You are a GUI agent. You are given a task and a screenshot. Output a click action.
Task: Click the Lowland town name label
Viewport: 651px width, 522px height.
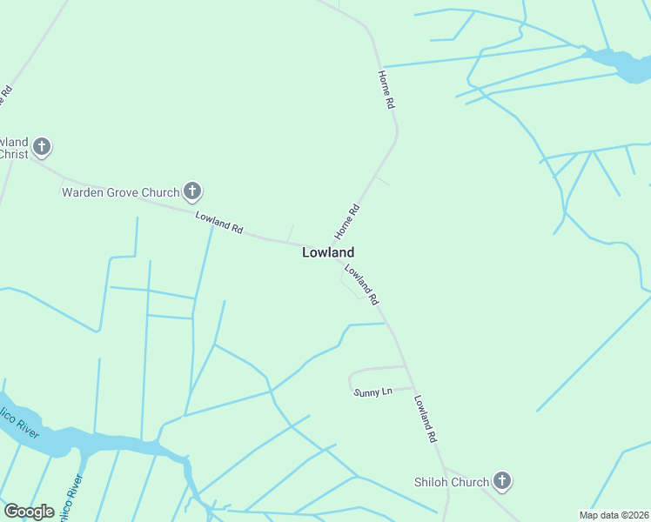click(x=327, y=252)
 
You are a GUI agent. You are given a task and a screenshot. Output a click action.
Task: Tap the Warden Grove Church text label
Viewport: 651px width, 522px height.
click(x=119, y=191)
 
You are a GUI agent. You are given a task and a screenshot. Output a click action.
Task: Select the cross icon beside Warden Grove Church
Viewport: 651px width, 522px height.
click(x=192, y=191)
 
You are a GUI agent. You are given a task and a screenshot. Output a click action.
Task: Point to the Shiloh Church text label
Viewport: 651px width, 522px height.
click(x=451, y=481)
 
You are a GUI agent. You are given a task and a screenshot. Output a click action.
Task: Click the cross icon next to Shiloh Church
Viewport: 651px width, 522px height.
click(x=501, y=480)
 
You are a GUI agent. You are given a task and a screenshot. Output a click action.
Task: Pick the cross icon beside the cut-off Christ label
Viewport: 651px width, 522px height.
click(x=42, y=147)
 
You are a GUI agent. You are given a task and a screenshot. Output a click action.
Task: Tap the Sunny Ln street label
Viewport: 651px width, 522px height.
click(x=373, y=392)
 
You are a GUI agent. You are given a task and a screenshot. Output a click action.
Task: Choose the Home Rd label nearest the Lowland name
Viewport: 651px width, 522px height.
click(x=346, y=222)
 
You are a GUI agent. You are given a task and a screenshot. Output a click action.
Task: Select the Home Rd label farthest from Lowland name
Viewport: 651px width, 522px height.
click(x=386, y=90)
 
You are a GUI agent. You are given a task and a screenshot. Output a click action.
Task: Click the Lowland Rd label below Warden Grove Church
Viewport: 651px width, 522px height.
click(x=218, y=223)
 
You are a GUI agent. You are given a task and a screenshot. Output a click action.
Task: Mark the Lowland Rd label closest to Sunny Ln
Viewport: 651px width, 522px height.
click(x=424, y=420)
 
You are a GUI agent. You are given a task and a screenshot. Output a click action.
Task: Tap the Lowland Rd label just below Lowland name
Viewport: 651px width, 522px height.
click(x=361, y=284)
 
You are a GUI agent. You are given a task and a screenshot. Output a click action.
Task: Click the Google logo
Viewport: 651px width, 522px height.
click(x=29, y=512)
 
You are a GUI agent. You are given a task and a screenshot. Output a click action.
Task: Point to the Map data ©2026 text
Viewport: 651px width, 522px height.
click(x=614, y=515)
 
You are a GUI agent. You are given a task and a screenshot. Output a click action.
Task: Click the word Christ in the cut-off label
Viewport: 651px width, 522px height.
click(x=14, y=154)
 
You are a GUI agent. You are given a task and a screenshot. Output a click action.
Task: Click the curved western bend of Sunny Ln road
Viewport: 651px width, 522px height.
click(x=351, y=380)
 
